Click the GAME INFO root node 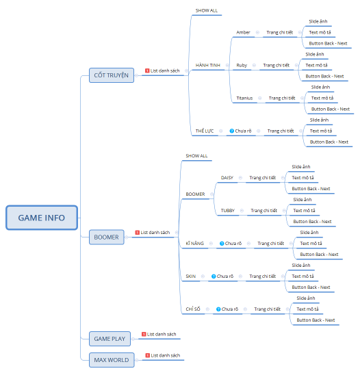pos(42,218)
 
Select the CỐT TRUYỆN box pos(112,75)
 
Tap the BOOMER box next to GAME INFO pos(106,237)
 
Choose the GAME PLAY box pos(110,339)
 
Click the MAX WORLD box pos(112,360)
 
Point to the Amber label pos(243,32)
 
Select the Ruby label pos(242,65)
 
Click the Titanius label pos(244,98)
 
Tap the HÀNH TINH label pos(208,65)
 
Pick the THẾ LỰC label pos(205,131)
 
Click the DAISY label pos(227,178)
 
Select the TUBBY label pos(228,211)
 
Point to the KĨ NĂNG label pos(194,244)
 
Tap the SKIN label pos(190,276)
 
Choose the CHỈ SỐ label pos(193,309)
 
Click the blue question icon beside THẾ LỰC pos(232,131)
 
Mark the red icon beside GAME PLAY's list pos(144,334)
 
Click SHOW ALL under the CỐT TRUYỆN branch pos(207,10)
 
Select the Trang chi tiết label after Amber pos(279,32)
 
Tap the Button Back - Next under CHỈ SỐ pos(316,320)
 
